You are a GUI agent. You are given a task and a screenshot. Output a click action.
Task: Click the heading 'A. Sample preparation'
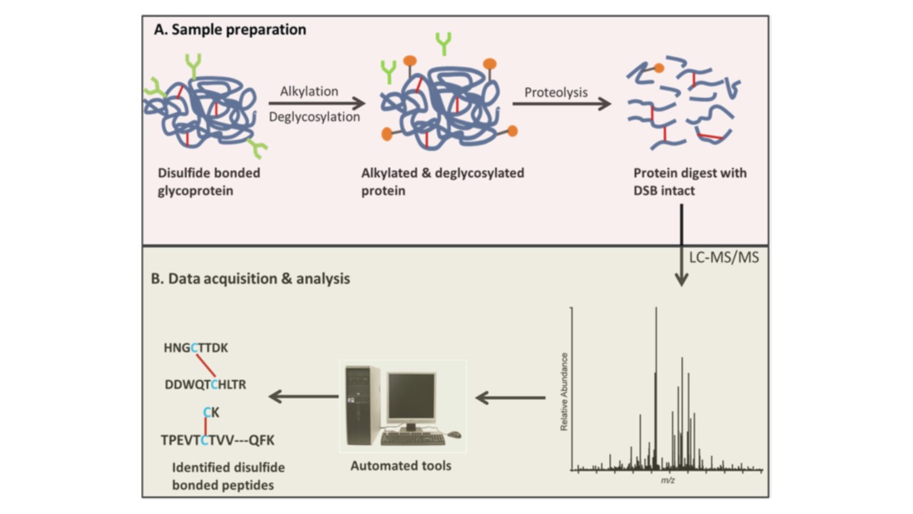tap(230, 30)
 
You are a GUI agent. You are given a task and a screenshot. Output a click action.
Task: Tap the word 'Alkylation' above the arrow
tap(309, 92)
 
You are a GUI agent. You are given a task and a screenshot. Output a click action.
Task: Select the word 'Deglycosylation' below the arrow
tap(314, 117)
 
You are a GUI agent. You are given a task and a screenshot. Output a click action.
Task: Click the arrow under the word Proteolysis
tap(561, 104)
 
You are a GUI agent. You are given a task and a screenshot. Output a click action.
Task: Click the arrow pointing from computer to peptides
tap(302, 397)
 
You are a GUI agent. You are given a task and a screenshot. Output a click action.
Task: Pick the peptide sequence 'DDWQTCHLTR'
tap(205, 385)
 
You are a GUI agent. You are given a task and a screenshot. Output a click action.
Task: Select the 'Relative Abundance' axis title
tap(563, 391)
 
